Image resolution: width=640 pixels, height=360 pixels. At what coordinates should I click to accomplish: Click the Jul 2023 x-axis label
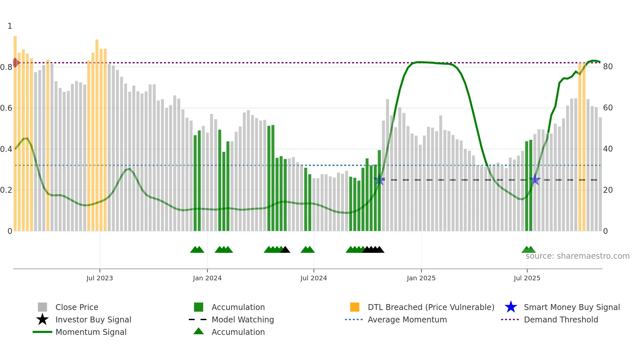pos(100,278)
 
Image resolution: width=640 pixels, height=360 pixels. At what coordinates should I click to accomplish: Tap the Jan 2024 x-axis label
pos(207,278)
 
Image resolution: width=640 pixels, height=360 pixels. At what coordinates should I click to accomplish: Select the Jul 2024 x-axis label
pos(313,278)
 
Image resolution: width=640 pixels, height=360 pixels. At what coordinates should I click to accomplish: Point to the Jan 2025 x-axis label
pos(421,278)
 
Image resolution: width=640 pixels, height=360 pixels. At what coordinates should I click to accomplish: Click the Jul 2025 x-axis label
pos(527,278)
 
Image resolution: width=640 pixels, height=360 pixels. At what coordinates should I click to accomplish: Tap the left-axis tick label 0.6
pos(6,108)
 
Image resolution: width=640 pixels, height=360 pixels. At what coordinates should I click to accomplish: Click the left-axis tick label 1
pos(10,26)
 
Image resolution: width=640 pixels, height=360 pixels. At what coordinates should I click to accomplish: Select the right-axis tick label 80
pos(608,67)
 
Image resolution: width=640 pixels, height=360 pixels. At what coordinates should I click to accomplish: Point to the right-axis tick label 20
pos(608,190)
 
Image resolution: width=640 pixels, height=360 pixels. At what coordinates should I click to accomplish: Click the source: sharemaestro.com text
pos(577,256)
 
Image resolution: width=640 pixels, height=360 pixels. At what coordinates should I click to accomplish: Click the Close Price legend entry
pos(77,307)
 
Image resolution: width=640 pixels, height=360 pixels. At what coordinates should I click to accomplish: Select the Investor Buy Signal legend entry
pos(93,319)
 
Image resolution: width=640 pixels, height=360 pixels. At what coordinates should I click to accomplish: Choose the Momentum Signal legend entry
pos(91,332)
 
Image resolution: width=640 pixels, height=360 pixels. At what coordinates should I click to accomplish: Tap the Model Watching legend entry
pos(243,319)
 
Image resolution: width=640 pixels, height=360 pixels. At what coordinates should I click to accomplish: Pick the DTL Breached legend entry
pos(431,307)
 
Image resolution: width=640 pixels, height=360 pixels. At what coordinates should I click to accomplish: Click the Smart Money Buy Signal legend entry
pos(572,307)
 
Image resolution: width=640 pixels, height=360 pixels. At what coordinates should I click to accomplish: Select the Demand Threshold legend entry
pos(561,319)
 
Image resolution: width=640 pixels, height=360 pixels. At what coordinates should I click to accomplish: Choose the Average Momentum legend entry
pos(407,319)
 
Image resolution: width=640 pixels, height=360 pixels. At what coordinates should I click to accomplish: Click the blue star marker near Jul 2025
pos(535,180)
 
